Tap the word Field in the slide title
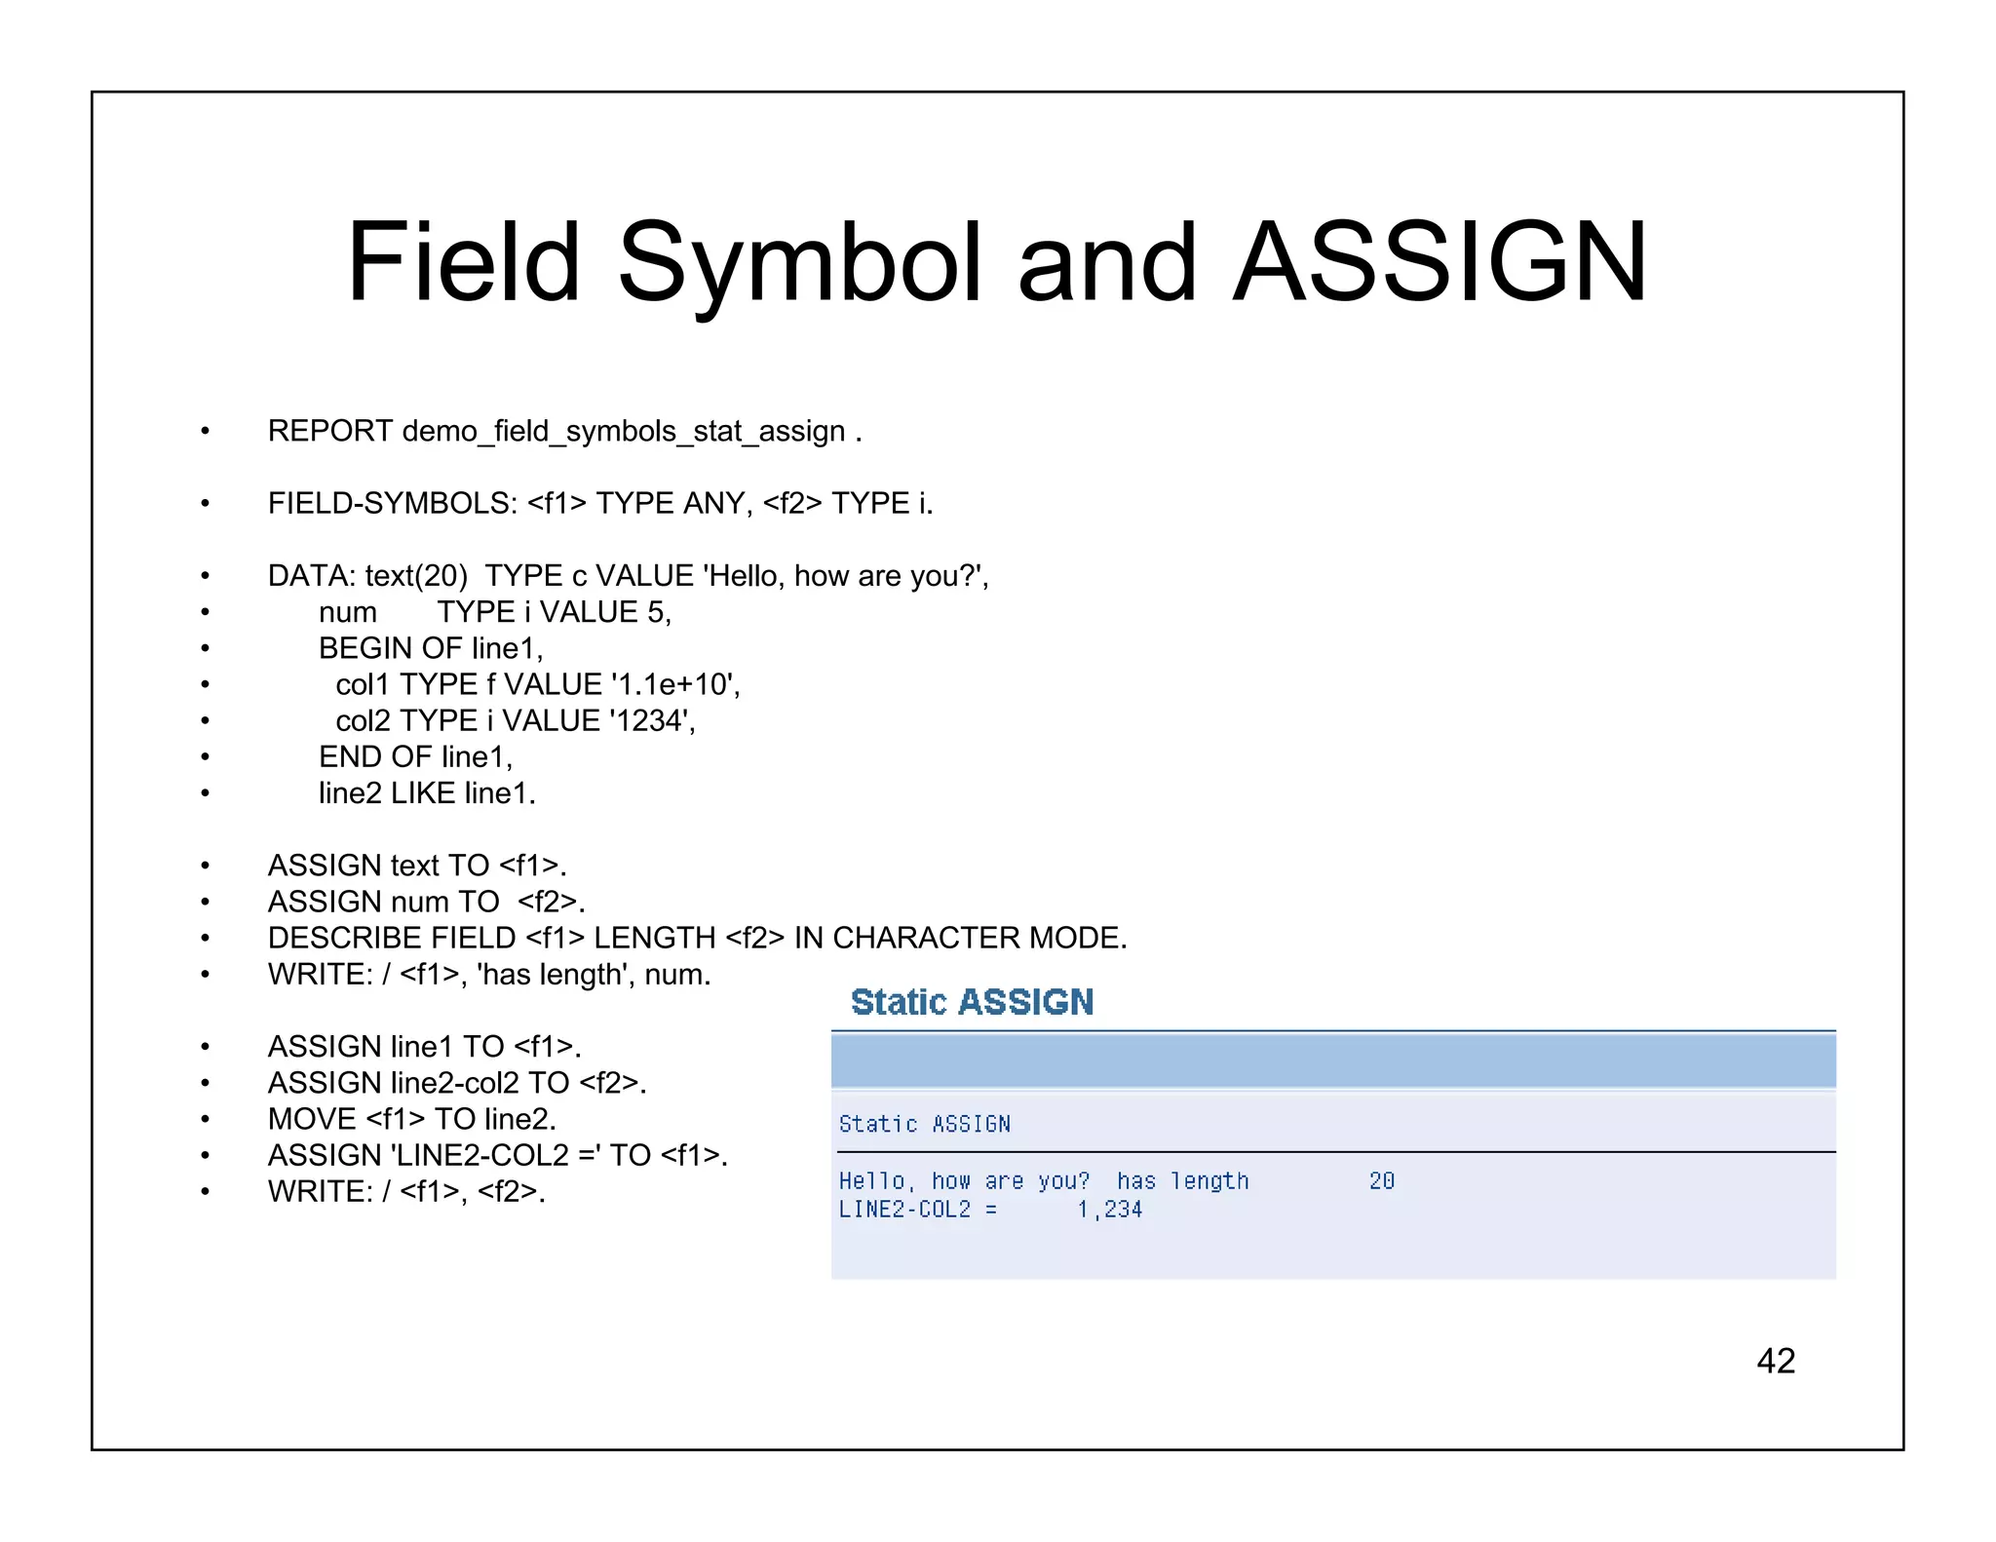click(464, 261)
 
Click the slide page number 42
click(1775, 1361)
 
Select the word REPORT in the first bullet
click(330, 431)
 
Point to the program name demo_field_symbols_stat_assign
click(624, 432)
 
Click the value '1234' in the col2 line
click(650, 721)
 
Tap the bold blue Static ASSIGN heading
click(972, 1002)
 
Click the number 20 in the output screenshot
click(1382, 1181)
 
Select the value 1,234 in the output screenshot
click(1109, 1210)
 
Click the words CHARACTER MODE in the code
click(979, 938)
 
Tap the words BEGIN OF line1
click(431, 648)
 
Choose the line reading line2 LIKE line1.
click(427, 793)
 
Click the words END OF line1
click(415, 757)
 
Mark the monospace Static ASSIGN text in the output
click(924, 1125)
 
